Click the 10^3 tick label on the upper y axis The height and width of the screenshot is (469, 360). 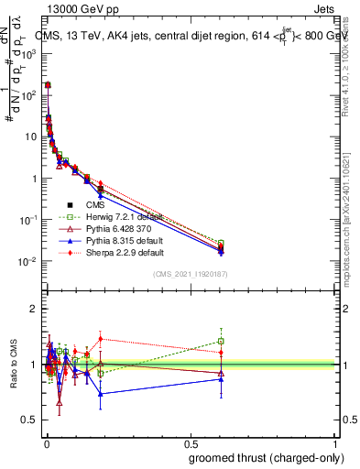tap(27, 54)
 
